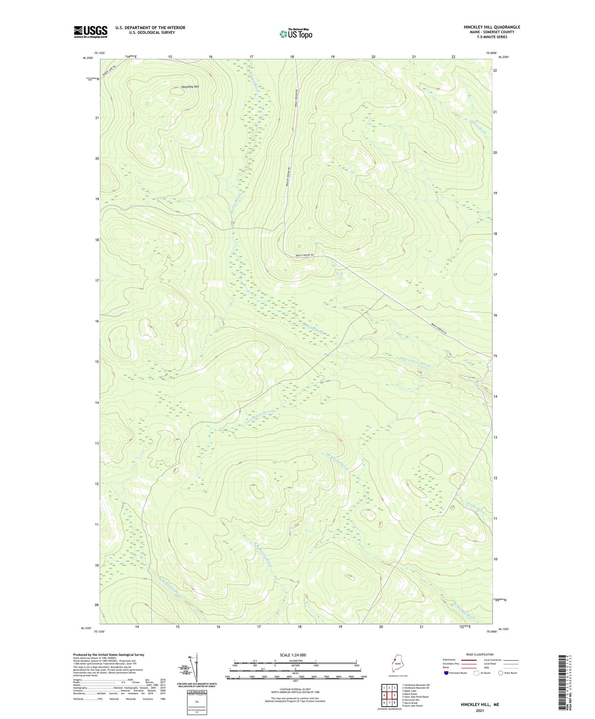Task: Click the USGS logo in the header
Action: tap(91, 31)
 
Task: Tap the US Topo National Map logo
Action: tap(295, 34)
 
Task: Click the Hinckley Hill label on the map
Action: tap(190, 87)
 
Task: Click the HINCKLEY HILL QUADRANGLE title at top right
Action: tap(492, 27)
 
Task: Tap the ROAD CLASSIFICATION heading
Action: tap(480, 654)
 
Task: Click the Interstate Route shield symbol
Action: tap(446, 673)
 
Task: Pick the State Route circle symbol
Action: tap(501, 673)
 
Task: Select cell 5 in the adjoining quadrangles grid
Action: tap(394, 696)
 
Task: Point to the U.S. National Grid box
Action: tap(196, 700)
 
